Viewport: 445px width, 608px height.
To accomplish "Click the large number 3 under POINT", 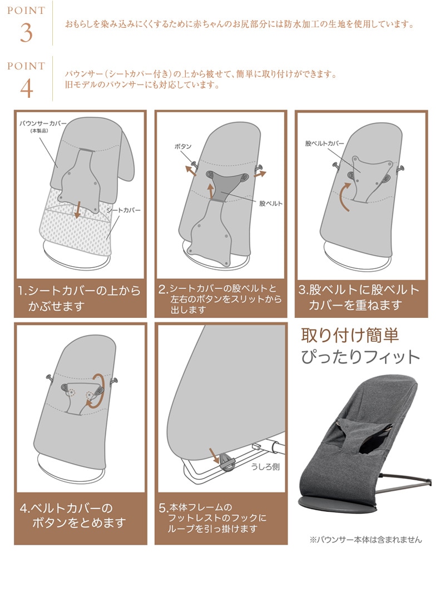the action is [x=26, y=33].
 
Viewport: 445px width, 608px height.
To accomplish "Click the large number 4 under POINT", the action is [x=26, y=88].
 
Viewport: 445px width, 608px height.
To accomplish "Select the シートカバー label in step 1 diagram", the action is [x=123, y=210].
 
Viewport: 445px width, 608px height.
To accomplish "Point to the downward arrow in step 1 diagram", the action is [x=77, y=210].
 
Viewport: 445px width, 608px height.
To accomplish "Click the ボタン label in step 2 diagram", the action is [x=183, y=147].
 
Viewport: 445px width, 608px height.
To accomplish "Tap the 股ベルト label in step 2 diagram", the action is [x=271, y=203].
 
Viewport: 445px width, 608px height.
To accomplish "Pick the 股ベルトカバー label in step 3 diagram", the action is [x=324, y=143].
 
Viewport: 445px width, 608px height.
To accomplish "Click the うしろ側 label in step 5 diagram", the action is [x=265, y=466].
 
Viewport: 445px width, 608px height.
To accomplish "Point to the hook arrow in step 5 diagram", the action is [x=214, y=455].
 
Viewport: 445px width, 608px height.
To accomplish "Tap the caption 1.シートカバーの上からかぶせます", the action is [x=79, y=298].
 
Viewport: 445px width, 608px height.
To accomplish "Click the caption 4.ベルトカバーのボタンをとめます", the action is [x=72, y=515].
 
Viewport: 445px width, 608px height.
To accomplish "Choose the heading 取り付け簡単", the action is [x=350, y=336].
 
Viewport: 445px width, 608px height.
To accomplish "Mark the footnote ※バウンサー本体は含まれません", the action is [x=365, y=540].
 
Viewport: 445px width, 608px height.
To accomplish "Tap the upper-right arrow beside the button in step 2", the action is [x=260, y=174].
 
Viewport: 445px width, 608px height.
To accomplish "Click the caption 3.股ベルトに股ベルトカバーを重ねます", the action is [x=359, y=297].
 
